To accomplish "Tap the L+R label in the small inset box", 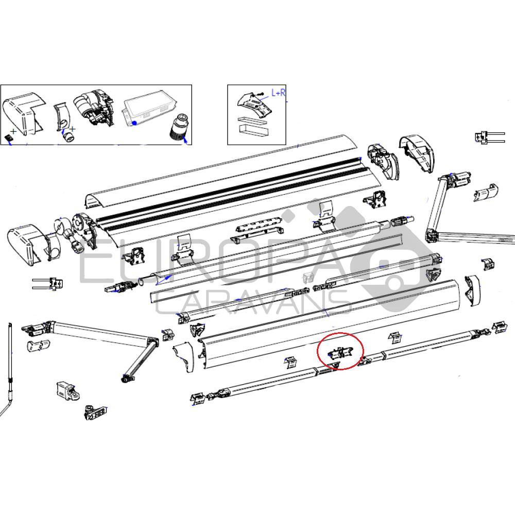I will (x=279, y=93).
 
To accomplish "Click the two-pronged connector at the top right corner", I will (x=486, y=138).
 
